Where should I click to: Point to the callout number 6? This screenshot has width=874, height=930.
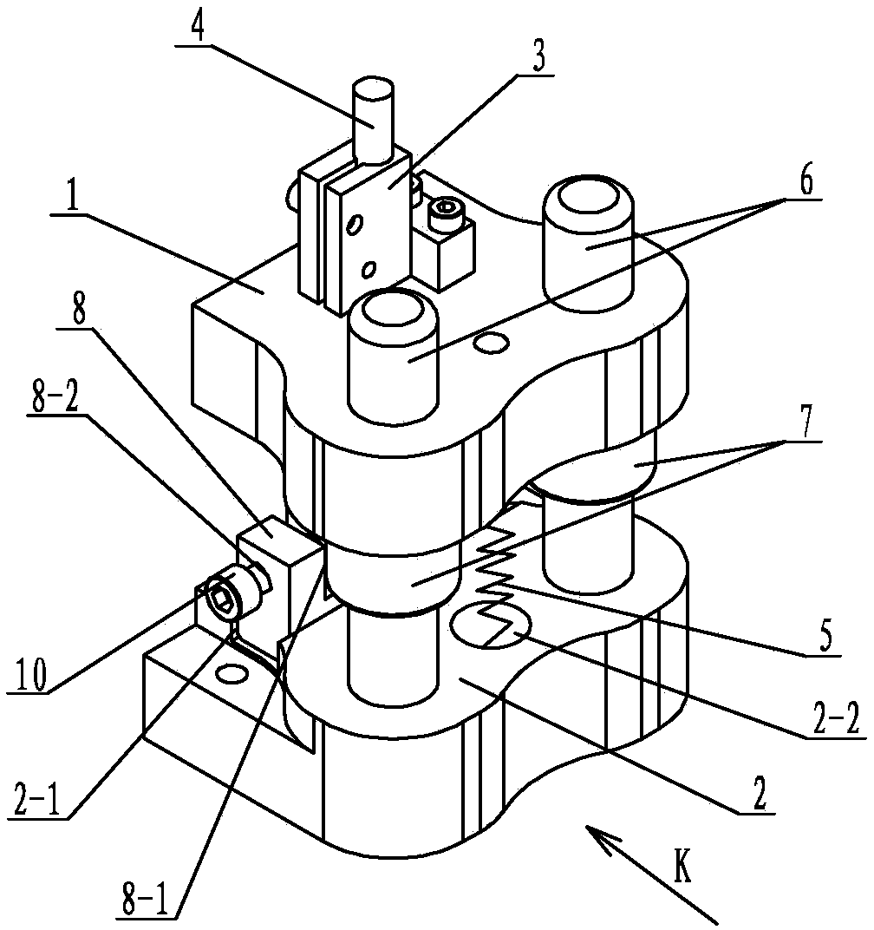click(x=806, y=180)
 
